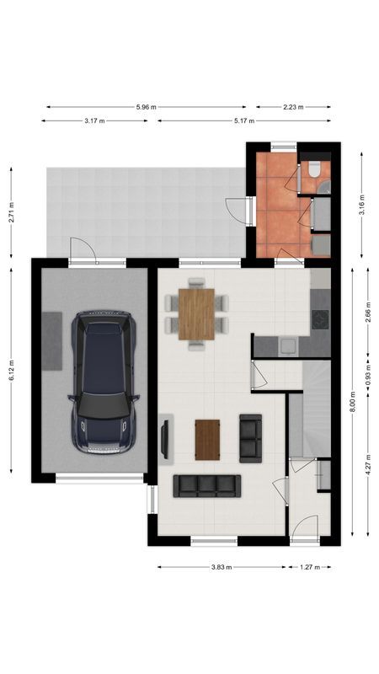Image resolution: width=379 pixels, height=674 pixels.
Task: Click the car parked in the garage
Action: (x=104, y=382)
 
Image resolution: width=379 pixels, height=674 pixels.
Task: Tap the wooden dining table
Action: (x=196, y=313)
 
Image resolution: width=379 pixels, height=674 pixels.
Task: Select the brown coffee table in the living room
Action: (x=206, y=439)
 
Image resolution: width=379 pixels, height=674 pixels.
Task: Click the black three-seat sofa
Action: (x=206, y=484)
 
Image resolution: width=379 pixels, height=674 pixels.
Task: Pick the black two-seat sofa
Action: (x=251, y=438)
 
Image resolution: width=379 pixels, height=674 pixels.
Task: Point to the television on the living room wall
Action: (x=164, y=438)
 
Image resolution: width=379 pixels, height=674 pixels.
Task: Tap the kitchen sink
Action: (x=287, y=343)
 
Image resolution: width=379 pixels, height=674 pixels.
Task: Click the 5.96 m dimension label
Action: (x=147, y=107)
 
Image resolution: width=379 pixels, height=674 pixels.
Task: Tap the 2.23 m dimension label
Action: (x=293, y=107)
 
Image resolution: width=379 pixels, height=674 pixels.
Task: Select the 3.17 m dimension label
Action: (x=94, y=121)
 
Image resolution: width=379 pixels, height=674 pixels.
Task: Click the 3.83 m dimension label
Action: (x=222, y=567)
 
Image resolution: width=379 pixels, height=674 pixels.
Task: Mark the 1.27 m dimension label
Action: (x=310, y=567)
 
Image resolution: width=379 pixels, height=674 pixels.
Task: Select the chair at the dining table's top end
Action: (x=196, y=283)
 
